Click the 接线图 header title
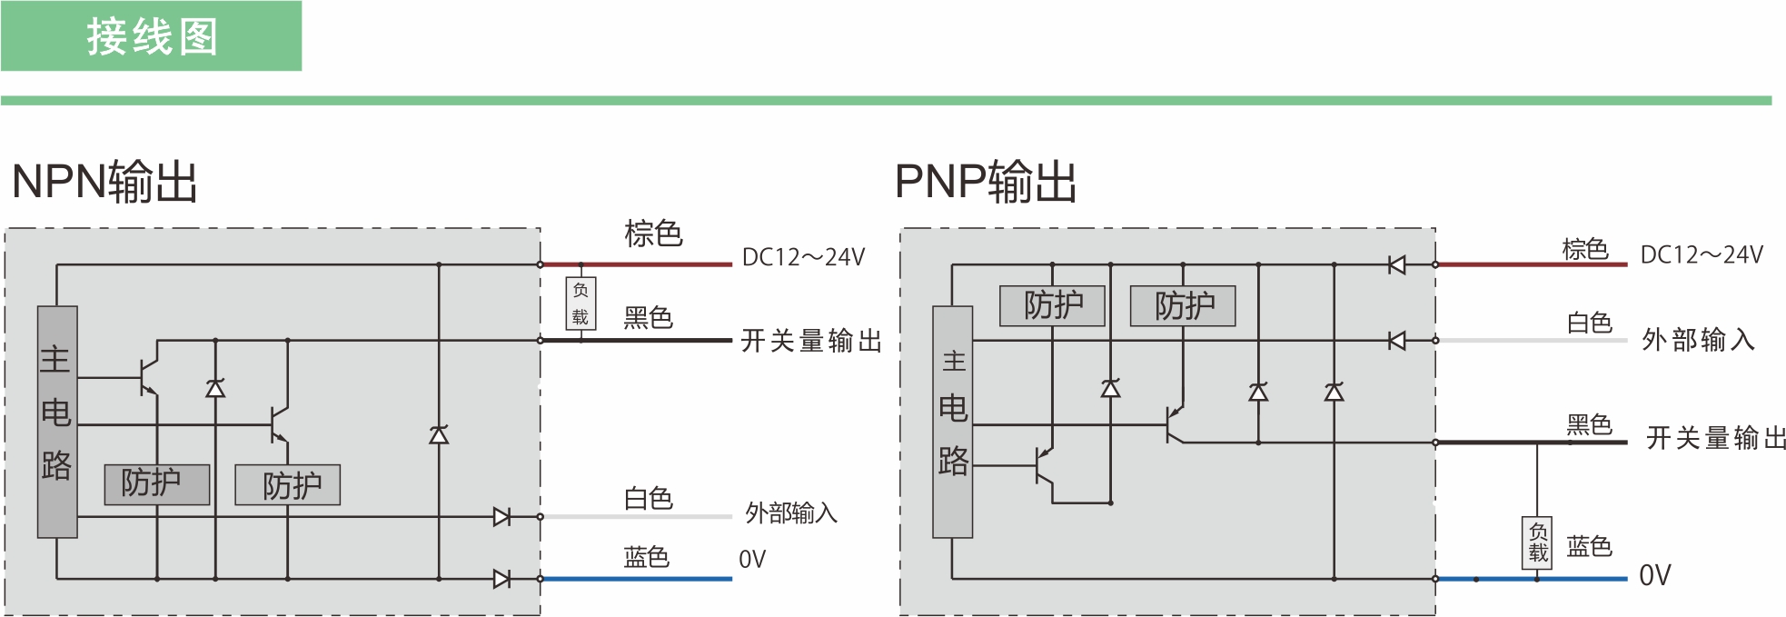point(153,38)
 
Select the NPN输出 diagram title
point(104,181)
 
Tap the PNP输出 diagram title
point(986,181)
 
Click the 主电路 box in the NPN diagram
point(57,422)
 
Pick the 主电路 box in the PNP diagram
point(953,422)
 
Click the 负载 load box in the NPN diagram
point(580,304)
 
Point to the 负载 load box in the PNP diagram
point(1537,542)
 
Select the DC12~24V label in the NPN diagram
point(803,257)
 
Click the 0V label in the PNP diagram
point(1654,575)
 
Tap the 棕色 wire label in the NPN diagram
point(653,234)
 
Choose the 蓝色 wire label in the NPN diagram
point(647,556)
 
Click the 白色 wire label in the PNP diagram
point(1589,323)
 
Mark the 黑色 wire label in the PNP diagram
point(1589,424)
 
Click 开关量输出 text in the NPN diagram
point(811,341)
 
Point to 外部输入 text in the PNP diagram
point(1698,340)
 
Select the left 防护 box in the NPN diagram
point(157,483)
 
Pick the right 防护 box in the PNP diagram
point(1183,305)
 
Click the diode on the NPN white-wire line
point(501,517)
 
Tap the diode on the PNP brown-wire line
point(1397,264)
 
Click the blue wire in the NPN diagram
point(637,579)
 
